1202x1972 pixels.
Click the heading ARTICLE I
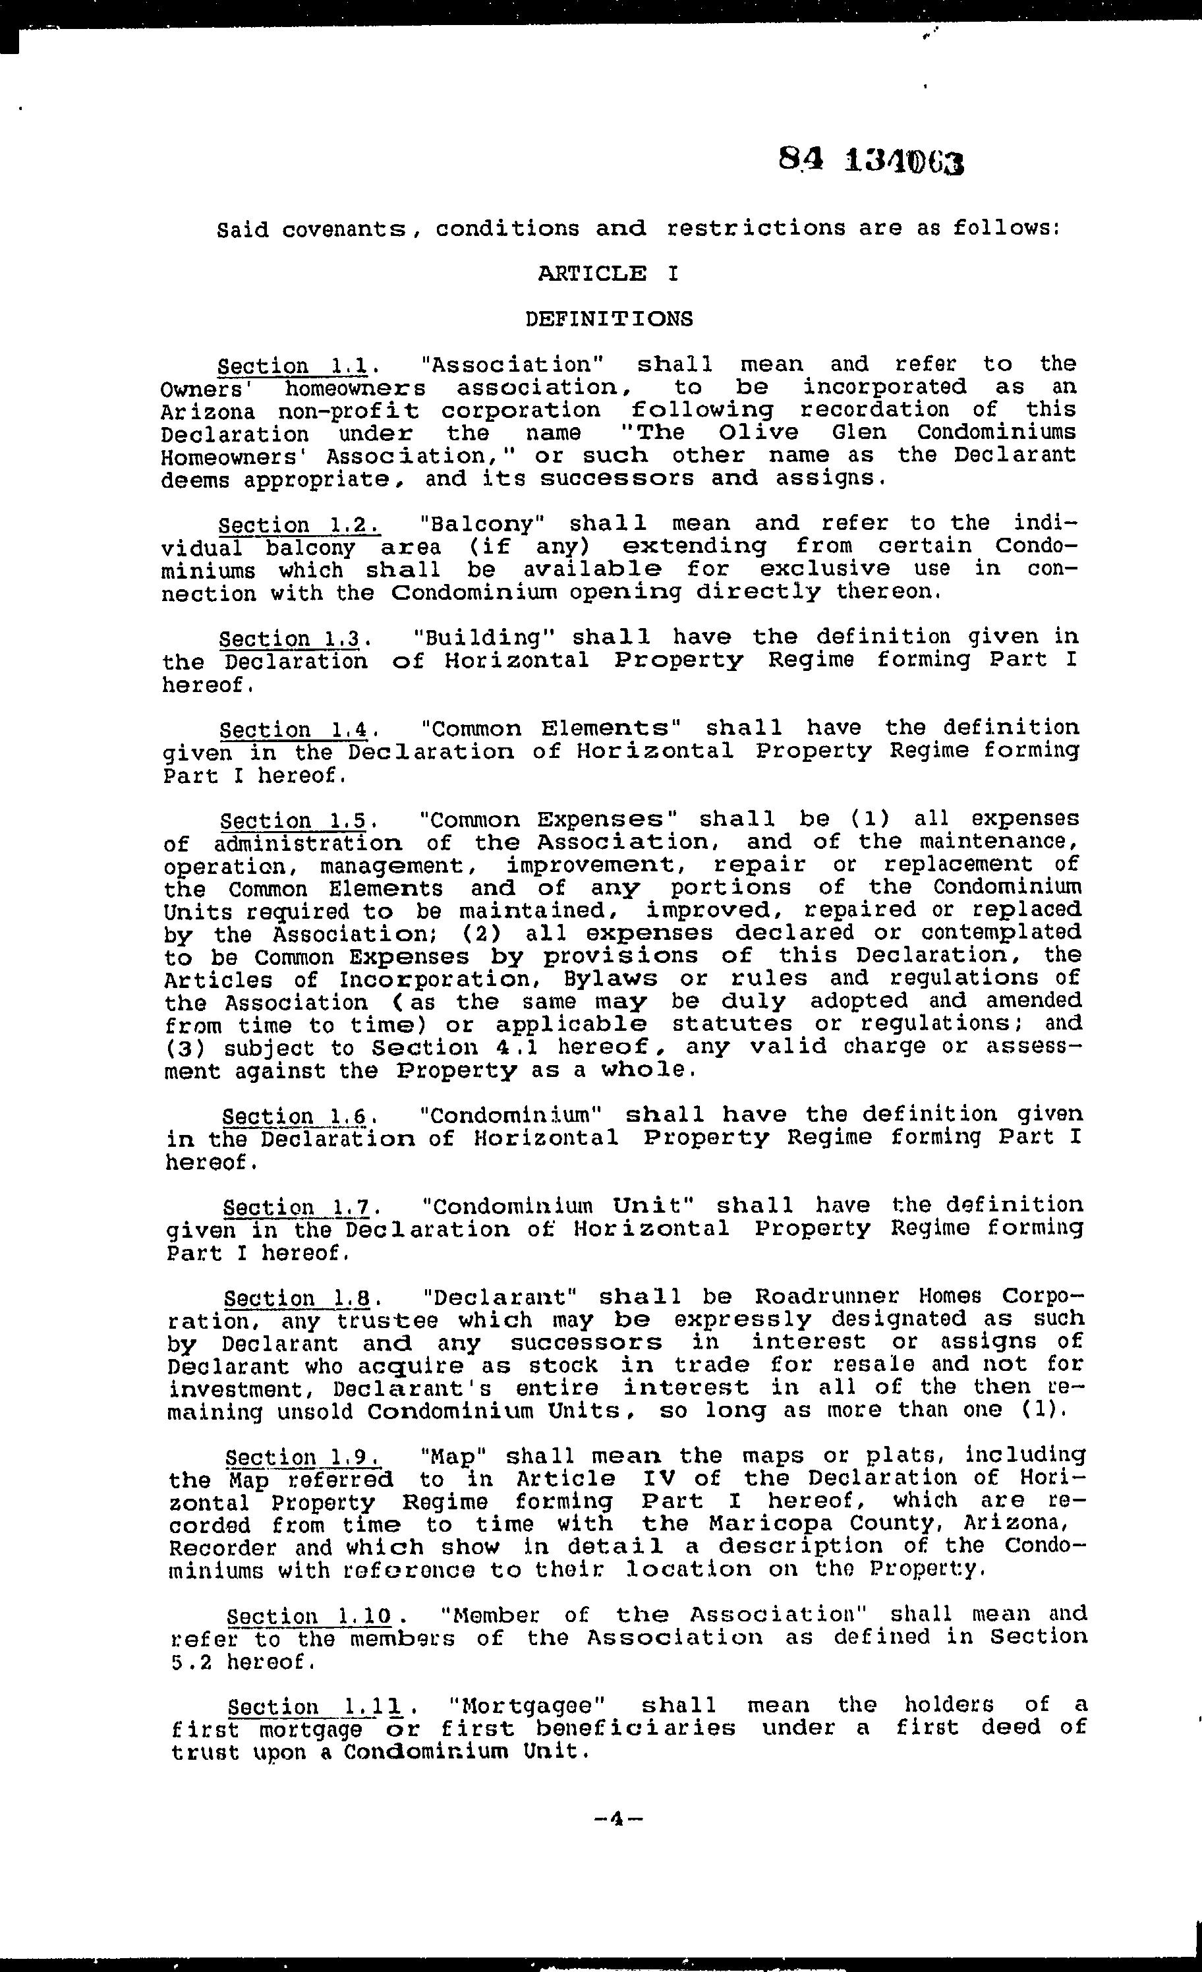(608, 274)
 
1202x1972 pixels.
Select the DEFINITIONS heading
(609, 319)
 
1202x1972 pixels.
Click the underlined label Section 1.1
(293, 366)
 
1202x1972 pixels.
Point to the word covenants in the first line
(333, 229)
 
